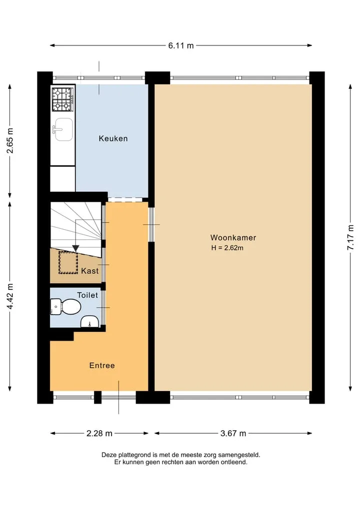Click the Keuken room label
(x=113, y=139)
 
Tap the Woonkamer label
(x=233, y=237)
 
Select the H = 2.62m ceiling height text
(x=227, y=248)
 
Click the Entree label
(x=102, y=366)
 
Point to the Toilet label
(x=87, y=295)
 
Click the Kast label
(x=90, y=271)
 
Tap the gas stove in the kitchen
(x=62, y=99)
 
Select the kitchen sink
(x=63, y=129)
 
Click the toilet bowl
(x=66, y=307)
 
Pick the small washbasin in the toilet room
(x=90, y=321)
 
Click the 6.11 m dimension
(x=181, y=45)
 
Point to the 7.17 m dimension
(x=350, y=237)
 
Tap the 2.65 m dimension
(x=10, y=140)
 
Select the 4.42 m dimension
(x=10, y=296)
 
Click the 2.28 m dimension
(x=99, y=434)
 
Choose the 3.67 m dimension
(x=233, y=434)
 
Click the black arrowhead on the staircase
(x=75, y=248)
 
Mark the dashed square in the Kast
(x=68, y=262)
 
